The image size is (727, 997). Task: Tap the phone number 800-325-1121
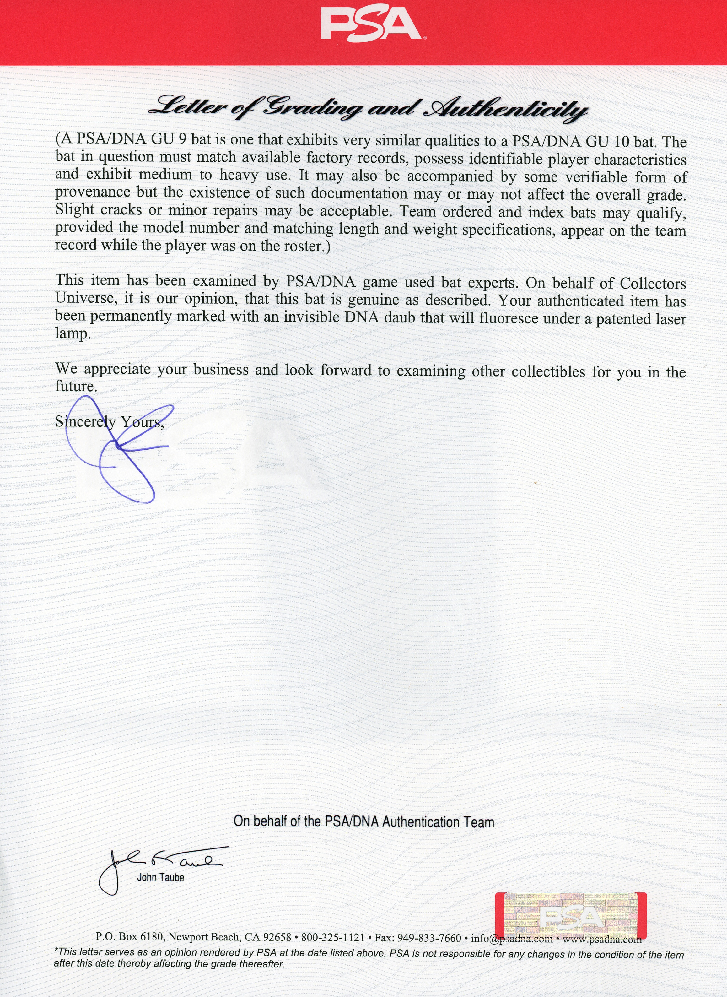point(333,938)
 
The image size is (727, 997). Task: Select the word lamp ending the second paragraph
point(73,334)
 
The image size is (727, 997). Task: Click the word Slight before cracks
point(74,209)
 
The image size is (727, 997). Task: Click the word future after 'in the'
point(75,387)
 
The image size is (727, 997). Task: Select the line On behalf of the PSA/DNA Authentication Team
point(363,821)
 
